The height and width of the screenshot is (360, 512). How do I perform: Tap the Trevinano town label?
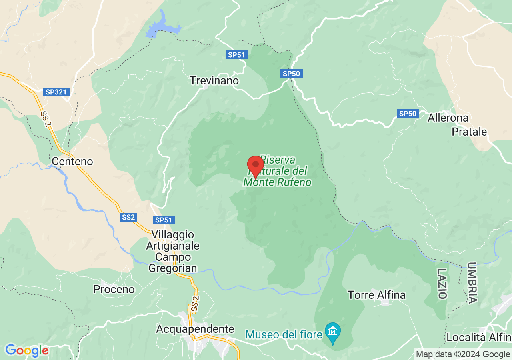coord(214,81)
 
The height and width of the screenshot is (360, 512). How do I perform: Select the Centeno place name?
coord(72,162)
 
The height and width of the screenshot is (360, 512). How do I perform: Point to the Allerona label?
coord(448,118)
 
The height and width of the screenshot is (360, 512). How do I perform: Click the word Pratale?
coord(469,132)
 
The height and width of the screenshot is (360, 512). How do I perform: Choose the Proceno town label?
coord(114,289)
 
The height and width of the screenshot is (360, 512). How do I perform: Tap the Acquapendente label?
coord(195,329)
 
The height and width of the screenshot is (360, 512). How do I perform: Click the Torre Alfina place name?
coord(377,295)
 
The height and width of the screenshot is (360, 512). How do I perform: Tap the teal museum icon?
coord(333,332)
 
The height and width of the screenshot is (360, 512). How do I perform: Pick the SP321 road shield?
coord(56,92)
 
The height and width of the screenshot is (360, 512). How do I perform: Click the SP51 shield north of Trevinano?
coord(236,55)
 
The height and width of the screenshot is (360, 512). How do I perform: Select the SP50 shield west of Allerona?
coord(408,114)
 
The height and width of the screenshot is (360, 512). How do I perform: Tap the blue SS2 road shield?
coord(128,217)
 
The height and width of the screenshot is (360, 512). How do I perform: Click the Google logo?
coord(27,351)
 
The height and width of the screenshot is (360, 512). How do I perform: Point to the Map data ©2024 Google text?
coord(463,354)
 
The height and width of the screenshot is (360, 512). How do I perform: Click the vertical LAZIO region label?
coord(442,284)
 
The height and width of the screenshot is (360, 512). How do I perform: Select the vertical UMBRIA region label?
coord(472,283)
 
